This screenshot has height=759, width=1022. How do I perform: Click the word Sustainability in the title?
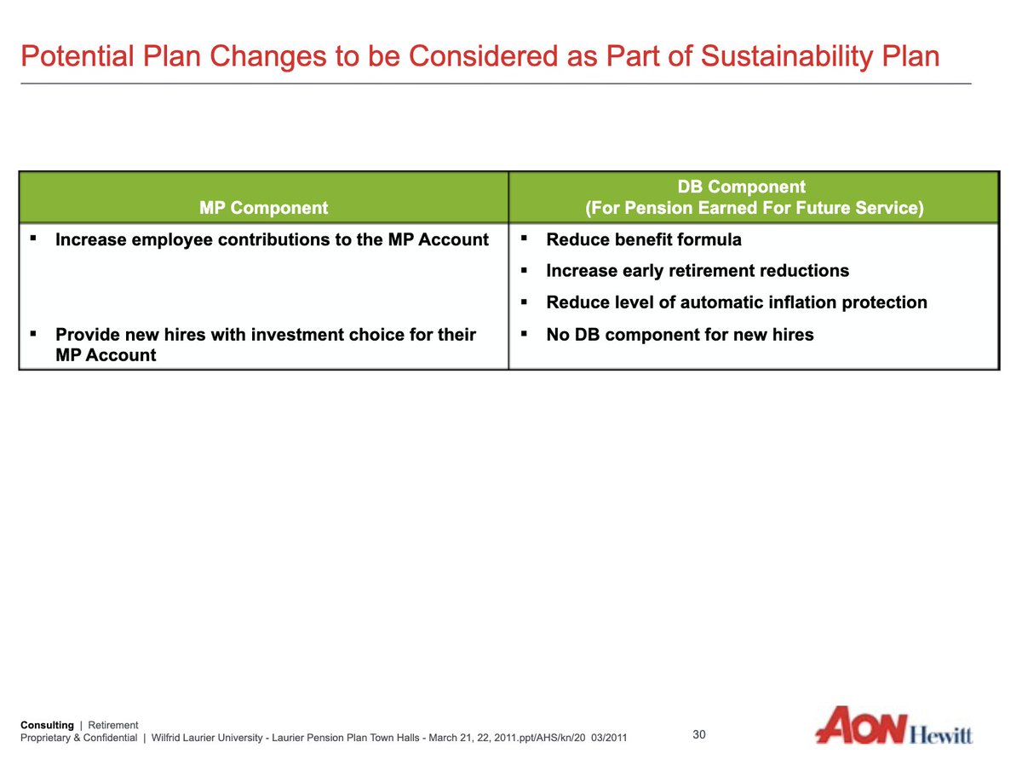pos(787,57)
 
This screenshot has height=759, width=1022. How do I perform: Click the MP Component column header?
pos(263,208)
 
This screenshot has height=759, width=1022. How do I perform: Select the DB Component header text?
pos(742,187)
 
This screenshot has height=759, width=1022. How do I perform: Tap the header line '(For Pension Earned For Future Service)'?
pos(755,208)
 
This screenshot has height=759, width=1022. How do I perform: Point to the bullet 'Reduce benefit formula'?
pos(644,239)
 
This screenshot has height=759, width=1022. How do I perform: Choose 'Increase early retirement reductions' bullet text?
pos(698,271)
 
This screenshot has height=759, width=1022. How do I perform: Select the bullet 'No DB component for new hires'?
pos(680,335)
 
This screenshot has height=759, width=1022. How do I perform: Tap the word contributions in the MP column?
pos(272,239)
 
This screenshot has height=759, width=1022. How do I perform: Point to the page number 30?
pos(699,734)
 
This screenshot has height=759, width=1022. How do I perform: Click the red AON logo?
pos(861,726)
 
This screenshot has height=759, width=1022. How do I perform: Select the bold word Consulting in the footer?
pos(47,726)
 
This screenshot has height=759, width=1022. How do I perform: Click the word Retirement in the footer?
pos(113,725)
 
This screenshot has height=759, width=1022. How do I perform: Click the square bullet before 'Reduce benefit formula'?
pos(524,239)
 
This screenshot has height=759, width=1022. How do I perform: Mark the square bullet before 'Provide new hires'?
pos(32,333)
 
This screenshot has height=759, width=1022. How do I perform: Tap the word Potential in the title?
pos(78,56)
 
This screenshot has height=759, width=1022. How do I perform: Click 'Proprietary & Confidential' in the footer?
pos(79,738)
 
